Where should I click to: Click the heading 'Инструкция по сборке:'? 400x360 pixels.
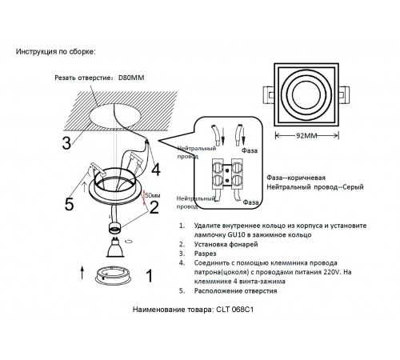pos(55,51)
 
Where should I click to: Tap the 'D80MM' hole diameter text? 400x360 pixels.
pos(131,78)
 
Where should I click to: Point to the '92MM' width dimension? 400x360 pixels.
pos(306,136)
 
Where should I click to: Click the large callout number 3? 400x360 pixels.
pos(66,143)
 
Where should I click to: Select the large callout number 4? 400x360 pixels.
pos(156,170)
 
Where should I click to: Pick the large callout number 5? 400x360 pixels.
pos(69,204)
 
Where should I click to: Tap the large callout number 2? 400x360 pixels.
pos(154,207)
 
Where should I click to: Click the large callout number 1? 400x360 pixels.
pos(150,276)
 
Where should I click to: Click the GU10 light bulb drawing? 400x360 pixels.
pos(115,247)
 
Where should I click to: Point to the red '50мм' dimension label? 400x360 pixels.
pos(153,195)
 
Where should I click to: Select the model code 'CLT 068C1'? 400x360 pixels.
pos(234,310)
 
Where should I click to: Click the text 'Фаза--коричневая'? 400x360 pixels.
pos(296,178)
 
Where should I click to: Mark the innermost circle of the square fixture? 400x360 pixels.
pos(306,95)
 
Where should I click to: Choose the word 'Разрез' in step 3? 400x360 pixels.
pos(205,254)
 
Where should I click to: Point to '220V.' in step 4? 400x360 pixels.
pos(333,272)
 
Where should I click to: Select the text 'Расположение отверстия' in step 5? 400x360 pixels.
pos(235,291)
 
